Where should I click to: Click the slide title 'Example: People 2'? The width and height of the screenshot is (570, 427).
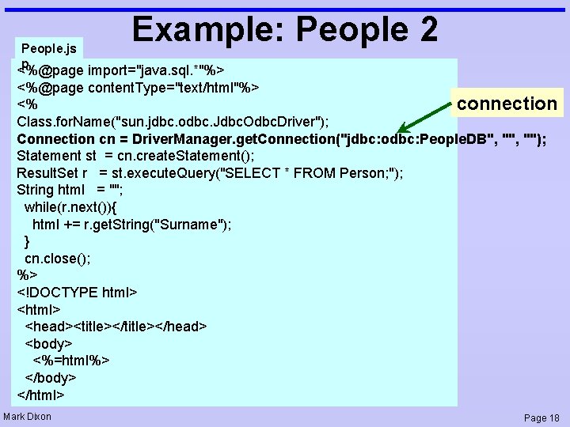[x=285, y=29]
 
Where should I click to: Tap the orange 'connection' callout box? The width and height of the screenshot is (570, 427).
[x=507, y=104]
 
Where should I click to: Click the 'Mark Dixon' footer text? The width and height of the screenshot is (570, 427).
[x=28, y=417]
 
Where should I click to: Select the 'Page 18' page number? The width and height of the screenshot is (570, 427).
[x=541, y=418]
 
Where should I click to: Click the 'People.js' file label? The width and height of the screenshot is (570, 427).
[x=49, y=48]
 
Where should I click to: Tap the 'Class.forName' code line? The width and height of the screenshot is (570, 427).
[x=173, y=121]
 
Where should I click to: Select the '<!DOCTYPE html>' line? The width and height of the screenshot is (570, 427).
[x=77, y=293]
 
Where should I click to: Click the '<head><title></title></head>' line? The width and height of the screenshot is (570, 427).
[x=116, y=327]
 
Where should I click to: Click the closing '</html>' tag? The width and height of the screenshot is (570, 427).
[x=40, y=395]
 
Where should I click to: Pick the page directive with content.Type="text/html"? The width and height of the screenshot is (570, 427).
[x=139, y=86]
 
